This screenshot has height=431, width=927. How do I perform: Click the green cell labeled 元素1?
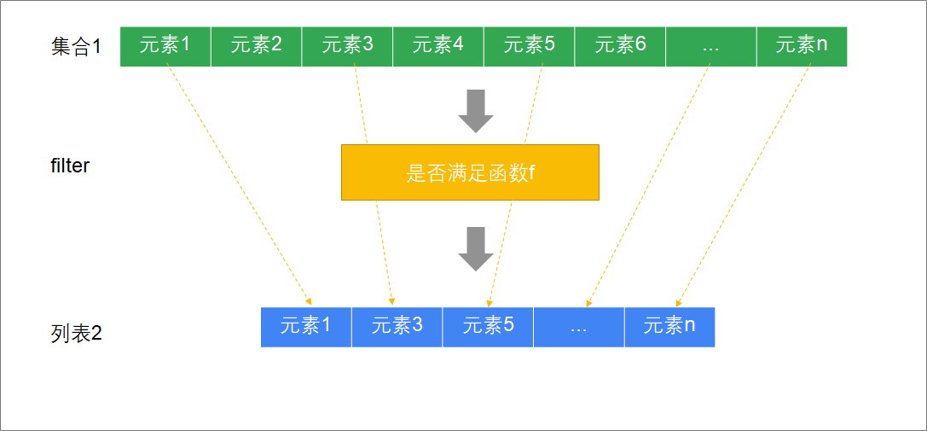coord(165,46)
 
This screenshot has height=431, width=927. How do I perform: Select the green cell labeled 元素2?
coord(256,46)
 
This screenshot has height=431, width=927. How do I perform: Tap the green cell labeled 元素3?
coord(347,46)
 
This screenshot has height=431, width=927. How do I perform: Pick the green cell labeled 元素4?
coord(438,46)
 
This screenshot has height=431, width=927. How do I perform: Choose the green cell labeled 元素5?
coord(529,46)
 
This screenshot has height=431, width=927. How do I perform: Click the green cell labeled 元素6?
coord(620,46)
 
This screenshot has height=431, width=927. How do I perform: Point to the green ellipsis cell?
coord(711,46)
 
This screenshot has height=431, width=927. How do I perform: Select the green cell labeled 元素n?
coord(802,46)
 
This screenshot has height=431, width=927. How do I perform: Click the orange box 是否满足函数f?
coord(470,172)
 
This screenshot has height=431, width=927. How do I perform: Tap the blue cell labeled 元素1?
coord(306,327)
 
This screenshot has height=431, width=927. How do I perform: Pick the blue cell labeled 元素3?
coord(397,327)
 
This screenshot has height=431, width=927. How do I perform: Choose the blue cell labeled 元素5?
coord(488,327)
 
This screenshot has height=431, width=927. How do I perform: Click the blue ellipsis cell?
coord(579,327)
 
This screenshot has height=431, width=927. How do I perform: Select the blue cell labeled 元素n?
coord(669,327)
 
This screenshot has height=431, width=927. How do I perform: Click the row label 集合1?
coord(76,47)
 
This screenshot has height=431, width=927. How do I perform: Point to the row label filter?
coord(70,166)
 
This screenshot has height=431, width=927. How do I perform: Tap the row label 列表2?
coord(76,333)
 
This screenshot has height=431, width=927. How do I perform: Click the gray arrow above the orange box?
coord(476,111)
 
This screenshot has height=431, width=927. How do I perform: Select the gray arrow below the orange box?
coord(476,248)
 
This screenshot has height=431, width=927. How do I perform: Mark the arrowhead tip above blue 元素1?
coord(311,304)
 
